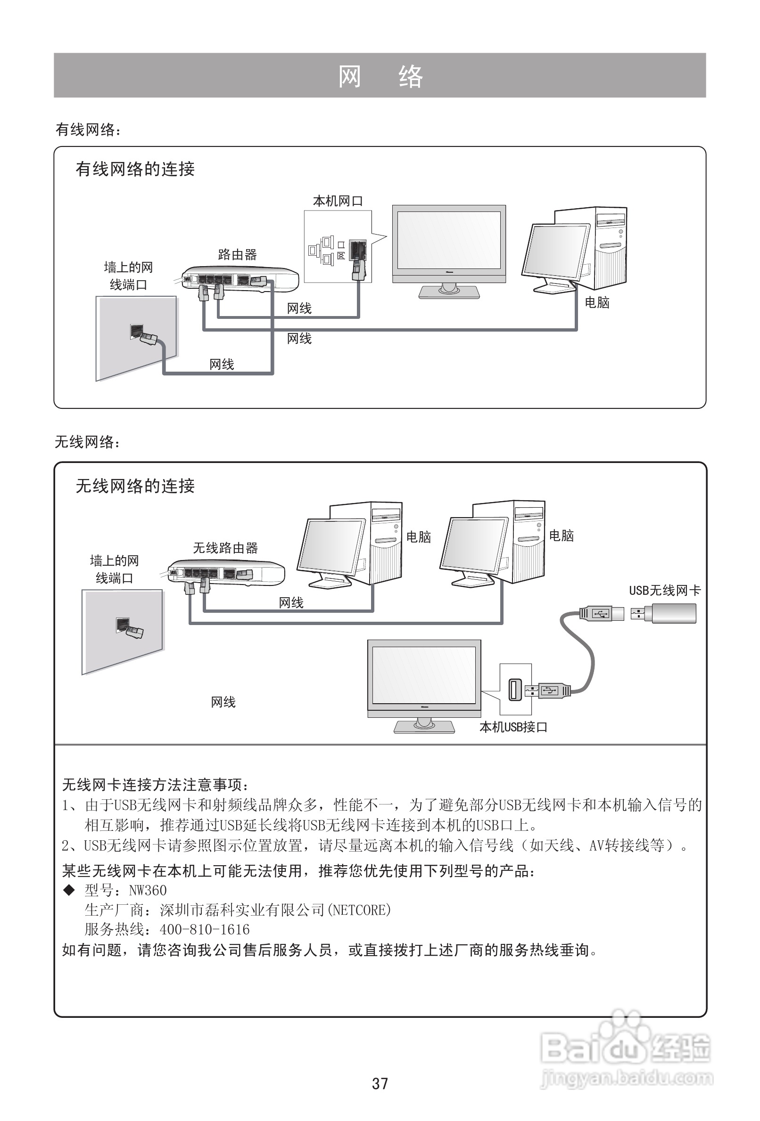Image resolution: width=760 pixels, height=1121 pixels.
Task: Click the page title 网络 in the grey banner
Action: (380, 76)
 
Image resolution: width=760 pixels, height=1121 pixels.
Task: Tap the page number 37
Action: (380, 1083)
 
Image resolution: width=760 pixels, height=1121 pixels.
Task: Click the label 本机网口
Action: (338, 201)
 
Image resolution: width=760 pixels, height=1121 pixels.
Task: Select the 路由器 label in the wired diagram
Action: (237, 254)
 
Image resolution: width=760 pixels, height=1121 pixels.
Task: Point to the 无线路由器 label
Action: (225, 547)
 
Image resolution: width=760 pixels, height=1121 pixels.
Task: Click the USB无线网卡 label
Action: (664, 590)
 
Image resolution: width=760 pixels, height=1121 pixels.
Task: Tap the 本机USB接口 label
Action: (513, 727)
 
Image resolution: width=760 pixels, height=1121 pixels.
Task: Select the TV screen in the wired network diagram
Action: (448, 240)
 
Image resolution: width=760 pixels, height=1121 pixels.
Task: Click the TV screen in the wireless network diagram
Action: (424, 675)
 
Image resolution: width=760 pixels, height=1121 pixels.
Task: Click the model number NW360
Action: (148, 890)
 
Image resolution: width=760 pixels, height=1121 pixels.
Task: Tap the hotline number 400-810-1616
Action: (205, 929)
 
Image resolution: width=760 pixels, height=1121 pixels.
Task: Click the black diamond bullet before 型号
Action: (69, 889)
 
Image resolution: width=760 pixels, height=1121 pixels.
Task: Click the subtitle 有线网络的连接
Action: (135, 169)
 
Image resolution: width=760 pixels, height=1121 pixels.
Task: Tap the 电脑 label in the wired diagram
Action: (597, 302)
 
